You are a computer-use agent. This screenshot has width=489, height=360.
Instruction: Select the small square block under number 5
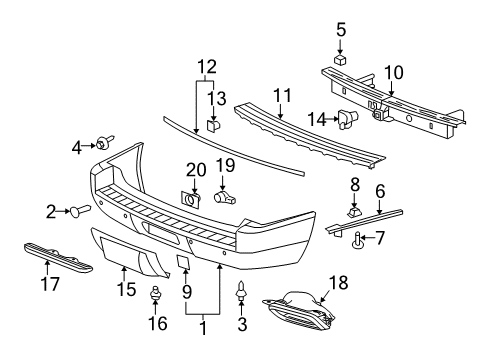[340, 59]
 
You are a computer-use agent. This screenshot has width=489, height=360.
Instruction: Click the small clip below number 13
[213, 125]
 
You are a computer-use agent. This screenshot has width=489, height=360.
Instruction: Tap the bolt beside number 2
[80, 210]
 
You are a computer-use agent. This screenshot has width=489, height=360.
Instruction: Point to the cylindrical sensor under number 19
[225, 197]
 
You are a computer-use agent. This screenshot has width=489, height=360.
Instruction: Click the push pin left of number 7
[356, 238]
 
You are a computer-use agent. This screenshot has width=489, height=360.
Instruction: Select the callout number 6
[379, 188]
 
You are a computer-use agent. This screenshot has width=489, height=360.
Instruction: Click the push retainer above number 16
[154, 295]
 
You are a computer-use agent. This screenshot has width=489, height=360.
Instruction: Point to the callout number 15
[122, 289]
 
